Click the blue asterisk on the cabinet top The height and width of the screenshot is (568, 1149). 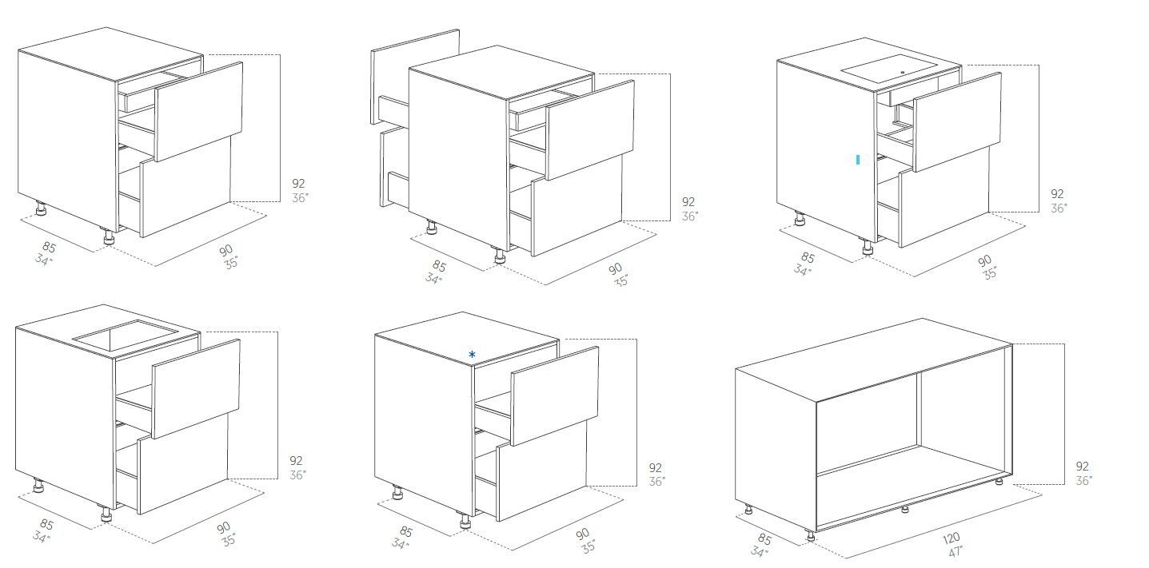472,354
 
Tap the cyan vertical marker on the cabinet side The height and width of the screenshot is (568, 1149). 858,160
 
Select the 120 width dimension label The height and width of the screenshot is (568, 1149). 951,539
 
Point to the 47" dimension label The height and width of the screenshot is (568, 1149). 956,552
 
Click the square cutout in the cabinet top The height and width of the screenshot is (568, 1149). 126,336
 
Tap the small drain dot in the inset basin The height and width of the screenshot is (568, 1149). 902,72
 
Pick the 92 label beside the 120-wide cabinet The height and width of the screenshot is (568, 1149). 1083,467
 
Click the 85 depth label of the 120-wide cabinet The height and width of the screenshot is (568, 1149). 764,540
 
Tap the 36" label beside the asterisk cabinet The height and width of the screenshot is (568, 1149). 657,482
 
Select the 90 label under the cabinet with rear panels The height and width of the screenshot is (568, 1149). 615,268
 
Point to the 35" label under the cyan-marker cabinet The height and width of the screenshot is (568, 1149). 990,273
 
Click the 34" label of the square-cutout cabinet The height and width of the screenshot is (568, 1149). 41,537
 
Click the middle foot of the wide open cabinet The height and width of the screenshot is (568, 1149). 904,509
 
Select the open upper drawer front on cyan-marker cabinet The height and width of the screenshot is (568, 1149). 957,122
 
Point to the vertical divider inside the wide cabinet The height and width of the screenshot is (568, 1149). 919,411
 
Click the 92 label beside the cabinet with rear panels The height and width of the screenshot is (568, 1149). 688,202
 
